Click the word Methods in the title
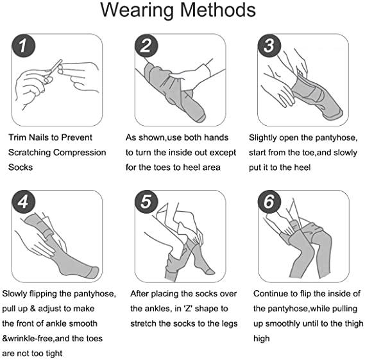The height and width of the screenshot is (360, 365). click(218, 10)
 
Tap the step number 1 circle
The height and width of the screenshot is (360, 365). click(24, 46)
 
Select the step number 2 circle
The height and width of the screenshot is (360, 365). click(146, 46)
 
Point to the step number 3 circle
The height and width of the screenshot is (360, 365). click(269, 46)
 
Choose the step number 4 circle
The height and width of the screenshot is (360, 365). click(24, 201)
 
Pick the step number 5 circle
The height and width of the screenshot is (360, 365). click(146, 201)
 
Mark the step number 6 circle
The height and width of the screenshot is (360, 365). click(269, 201)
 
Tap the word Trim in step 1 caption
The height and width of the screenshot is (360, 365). click(17, 137)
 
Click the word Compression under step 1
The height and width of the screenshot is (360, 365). click(80, 153)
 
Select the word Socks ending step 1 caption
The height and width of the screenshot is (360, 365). click(21, 167)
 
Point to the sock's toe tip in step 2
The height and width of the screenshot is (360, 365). click(201, 119)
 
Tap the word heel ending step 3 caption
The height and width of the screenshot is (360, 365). click(302, 167)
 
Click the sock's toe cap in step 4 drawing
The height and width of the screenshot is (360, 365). click(94, 273)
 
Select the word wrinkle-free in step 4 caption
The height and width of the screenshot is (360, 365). click(30, 338)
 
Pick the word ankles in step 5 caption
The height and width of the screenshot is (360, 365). click(158, 309)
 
